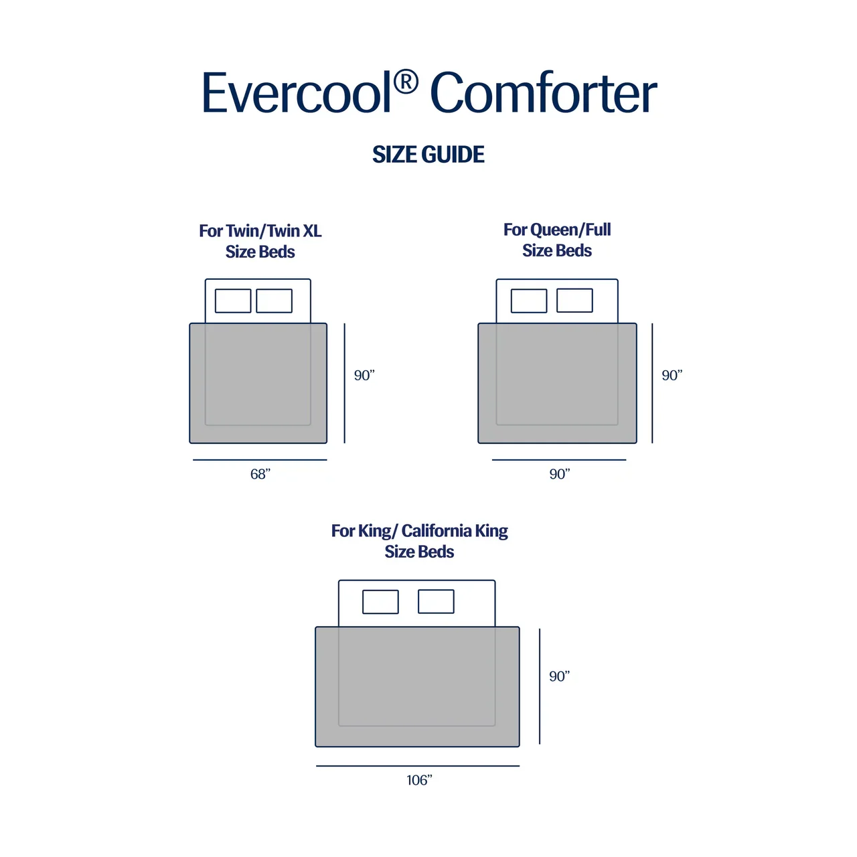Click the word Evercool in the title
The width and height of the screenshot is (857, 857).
pyautogui.click(x=296, y=94)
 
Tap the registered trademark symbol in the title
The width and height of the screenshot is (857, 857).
pyautogui.click(x=406, y=82)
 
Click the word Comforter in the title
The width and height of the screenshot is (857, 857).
pyautogui.click(x=543, y=94)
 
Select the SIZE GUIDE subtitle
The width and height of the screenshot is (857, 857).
pyautogui.click(x=428, y=155)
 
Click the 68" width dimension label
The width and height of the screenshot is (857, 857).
pyautogui.click(x=260, y=474)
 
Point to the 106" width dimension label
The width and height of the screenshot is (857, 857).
pyautogui.click(x=419, y=780)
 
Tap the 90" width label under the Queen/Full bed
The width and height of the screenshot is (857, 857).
pyautogui.click(x=559, y=474)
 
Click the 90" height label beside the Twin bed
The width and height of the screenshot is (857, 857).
pyautogui.click(x=364, y=376)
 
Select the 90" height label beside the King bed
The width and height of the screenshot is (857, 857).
pyautogui.click(x=559, y=677)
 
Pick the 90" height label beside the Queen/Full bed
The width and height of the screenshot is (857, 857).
pyautogui.click(x=672, y=376)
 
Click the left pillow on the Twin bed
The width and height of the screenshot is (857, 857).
pyautogui.click(x=233, y=301)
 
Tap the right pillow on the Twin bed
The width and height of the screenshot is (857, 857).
pyautogui.click(x=275, y=301)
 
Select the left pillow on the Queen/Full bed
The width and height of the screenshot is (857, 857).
pyautogui.click(x=529, y=301)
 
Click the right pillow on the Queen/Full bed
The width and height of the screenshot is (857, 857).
pyautogui.click(x=574, y=301)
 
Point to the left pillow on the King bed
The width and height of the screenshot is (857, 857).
pyautogui.click(x=380, y=602)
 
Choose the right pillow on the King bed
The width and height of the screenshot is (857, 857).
pyautogui.click(x=436, y=602)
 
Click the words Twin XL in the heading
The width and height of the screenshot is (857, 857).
pyautogui.click(x=295, y=231)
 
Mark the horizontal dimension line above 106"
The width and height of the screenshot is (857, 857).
pyautogui.click(x=418, y=766)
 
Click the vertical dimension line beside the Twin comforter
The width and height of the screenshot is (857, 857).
pyautogui.click(x=345, y=383)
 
